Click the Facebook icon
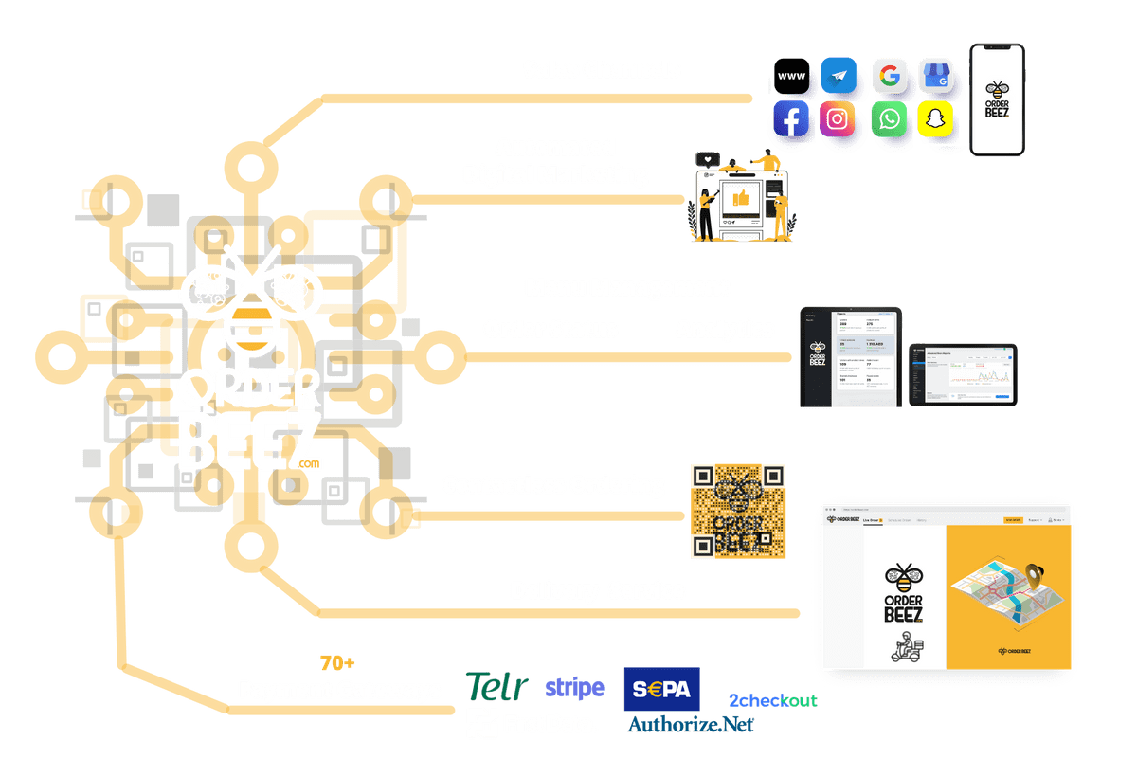click(x=791, y=120)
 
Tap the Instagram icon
click(x=838, y=120)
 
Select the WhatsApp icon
click(x=889, y=120)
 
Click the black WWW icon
click(x=791, y=75)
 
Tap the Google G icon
click(x=888, y=75)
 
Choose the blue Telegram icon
click(x=839, y=75)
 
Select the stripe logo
click(x=574, y=687)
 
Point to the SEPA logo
click(x=661, y=689)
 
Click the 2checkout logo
click(x=772, y=700)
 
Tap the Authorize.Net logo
click(x=691, y=725)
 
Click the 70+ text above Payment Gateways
click(x=338, y=662)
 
